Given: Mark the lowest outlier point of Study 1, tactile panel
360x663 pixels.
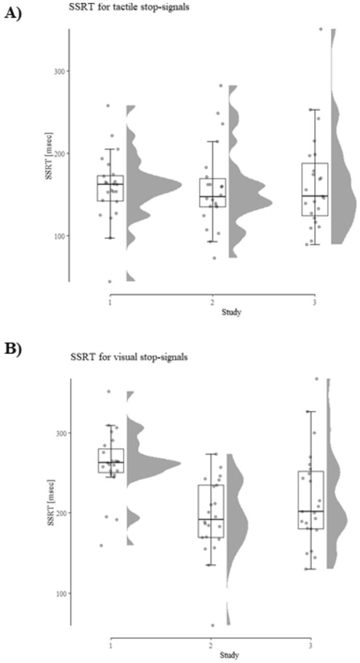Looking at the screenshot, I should [109, 281].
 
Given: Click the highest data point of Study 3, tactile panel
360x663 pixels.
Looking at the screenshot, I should [321, 29].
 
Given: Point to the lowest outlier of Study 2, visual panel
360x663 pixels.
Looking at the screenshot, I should [212, 625].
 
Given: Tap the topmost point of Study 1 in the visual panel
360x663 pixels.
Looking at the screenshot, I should [108, 391].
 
